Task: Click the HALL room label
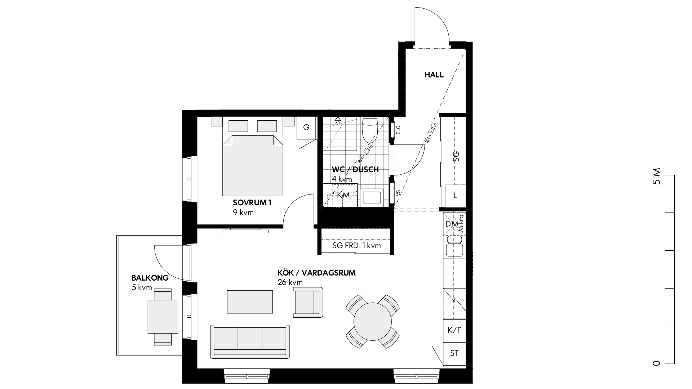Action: click(x=434, y=75)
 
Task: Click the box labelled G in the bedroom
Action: click(x=306, y=128)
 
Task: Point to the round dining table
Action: click(x=373, y=321)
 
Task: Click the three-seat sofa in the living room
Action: click(x=250, y=342)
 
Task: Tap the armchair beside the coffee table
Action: click(x=308, y=302)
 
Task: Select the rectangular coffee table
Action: click(x=250, y=302)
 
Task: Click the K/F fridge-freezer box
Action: click(x=454, y=330)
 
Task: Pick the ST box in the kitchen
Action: click(x=454, y=353)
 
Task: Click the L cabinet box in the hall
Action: click(x=455, y=196)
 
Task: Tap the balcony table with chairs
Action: click(x=163, y=317)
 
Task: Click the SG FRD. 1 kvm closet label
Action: click(x=356, y=246)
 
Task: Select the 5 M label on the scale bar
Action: click(x=657, y=176)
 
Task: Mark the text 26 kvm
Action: click(x=290, y=282)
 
